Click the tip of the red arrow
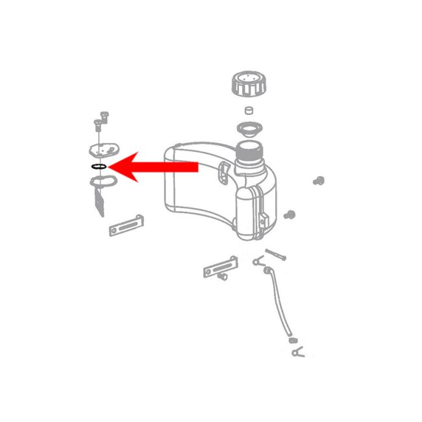(111, 168)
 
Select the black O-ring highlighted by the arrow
(98, 168)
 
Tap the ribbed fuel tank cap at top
(247, 84)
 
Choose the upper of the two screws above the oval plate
(104, 114)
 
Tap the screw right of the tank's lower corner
(292, 214)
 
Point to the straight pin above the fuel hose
(275, 254)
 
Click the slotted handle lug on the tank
(225, 173)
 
